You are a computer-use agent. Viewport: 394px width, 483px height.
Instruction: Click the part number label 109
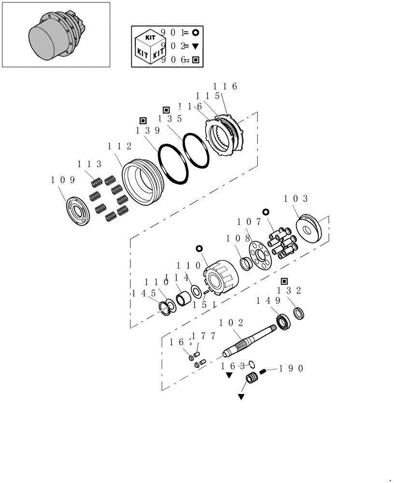63,180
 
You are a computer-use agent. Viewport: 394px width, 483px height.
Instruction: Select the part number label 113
90,164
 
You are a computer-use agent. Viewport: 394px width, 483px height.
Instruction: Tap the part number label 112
119,146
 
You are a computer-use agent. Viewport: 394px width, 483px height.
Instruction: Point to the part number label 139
147,130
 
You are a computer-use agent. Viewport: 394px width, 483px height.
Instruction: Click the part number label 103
296,199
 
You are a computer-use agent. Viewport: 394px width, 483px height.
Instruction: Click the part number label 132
289,290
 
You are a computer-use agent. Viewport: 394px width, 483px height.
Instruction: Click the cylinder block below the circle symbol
221,281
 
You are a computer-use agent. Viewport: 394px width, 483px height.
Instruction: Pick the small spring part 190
264,371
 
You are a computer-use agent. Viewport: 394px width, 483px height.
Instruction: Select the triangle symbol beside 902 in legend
196,46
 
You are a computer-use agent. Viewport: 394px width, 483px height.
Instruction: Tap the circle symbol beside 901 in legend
196,33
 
